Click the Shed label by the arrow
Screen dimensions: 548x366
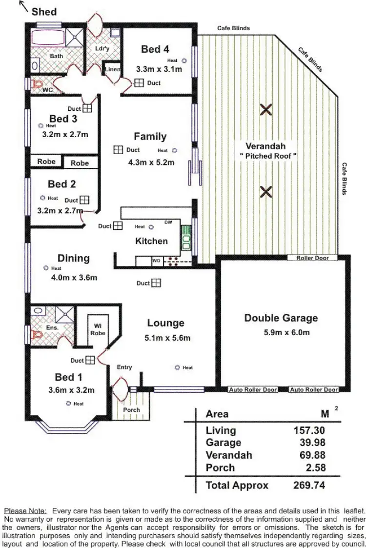pos(44,12)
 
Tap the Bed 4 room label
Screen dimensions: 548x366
pos(155,49)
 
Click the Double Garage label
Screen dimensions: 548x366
pos(281,318)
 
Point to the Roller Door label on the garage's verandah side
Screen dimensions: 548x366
pos(313,258)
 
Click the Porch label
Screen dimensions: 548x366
pos(131,410)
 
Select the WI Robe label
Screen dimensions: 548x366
pos(98,329)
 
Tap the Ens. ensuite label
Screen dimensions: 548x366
pos(53,328)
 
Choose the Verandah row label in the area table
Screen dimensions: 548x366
pos(229,455)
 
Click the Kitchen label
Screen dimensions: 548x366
pos(151,241)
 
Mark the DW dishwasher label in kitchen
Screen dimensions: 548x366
pos(168,223)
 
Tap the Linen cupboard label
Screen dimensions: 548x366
pos(113,70)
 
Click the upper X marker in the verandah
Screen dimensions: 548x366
pos(265,110)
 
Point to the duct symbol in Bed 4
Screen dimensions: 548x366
pos(139,83)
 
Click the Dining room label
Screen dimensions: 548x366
pos(73,258)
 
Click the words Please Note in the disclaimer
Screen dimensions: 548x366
pos(32,510)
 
